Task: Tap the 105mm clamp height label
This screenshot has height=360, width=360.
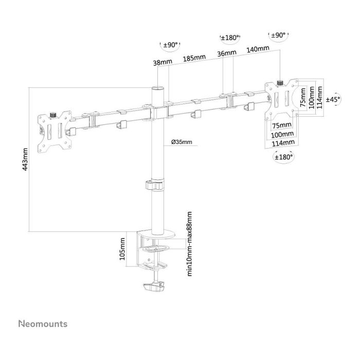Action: [x=122, y=249]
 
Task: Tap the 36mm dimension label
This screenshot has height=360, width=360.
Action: [x=227, y=53]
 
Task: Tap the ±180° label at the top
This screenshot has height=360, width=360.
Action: [x=228, y=38]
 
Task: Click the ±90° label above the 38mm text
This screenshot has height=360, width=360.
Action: [x=170, y=45]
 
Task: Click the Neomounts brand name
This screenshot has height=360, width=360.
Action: [x=43, y=325]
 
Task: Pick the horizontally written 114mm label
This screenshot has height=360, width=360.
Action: [x=283, y=142]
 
